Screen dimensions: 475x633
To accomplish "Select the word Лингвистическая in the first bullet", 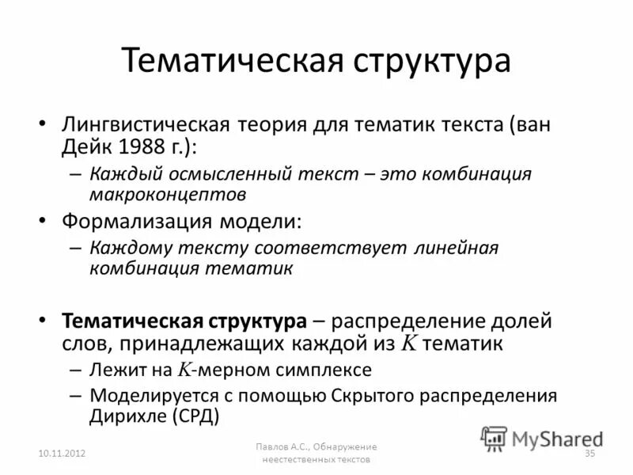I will (146, 125).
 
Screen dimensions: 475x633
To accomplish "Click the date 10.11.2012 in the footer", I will (61, 453).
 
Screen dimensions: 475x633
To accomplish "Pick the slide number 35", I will (589, 453).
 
